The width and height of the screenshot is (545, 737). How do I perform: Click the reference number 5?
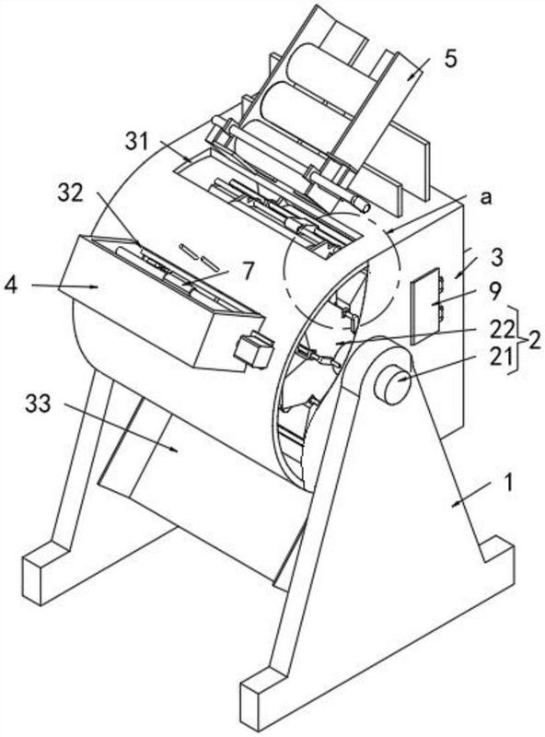pyautogui.click(x=449, y=60)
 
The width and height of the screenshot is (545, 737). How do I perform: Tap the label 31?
pyautogui.click(x=137, y=142)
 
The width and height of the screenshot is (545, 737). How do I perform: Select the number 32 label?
pyautogui.click(x=71, y=193)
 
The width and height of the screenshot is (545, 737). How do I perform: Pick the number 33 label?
pyautogui.click(x=38, y=404)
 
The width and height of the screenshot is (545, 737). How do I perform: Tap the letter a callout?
pyautogui.click(x=486, y=198)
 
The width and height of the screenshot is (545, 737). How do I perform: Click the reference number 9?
pyautogui.click(x=495, y=294)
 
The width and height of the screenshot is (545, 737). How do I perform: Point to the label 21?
pyautogui.click(x=503, y=357)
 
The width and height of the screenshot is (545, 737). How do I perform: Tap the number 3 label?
pyautogui.click(x=496, y=258)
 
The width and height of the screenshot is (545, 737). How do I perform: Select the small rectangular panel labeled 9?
pyautogui.click(x=427, y=307)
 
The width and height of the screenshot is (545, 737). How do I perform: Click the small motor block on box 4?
pyautogui.click(x=254, y=350)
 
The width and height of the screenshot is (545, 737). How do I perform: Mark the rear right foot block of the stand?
pyautogui.click(x=497, y=556)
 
